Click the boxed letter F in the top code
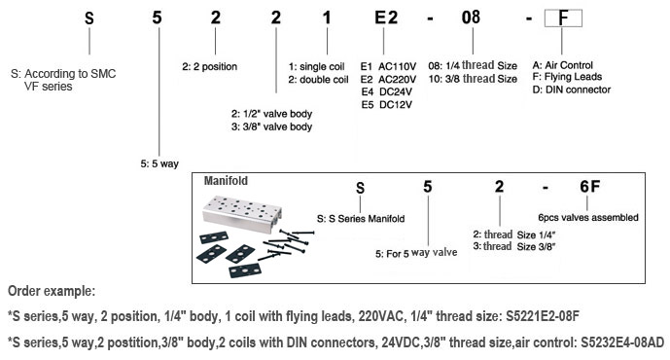[x=563, y=18]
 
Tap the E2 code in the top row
[x=386, y=18]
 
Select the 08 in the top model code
[x=471, y=18]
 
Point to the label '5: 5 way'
[x=159, y=163]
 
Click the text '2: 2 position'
[x=209, y=67]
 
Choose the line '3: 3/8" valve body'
[x=271, y=126]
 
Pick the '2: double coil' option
[x=318, y=80]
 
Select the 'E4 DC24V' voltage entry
[x=387, y=91]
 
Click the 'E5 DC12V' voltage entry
[x=387, y=105]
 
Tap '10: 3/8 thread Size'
[x=473, y=79]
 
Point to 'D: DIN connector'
[x=571, y=90]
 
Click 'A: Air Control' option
[x=562, y=65]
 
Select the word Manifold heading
[x=226, y=181]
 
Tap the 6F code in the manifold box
[x=589, y=187]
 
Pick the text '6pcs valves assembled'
[x=588, y=217]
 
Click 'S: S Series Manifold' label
[x=361, y=219]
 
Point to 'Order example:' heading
[x=52, y=291]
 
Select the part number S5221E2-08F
[x=543, y=316]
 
